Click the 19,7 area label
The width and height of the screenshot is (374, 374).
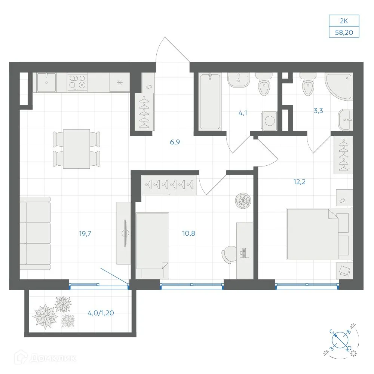tap(85, 233)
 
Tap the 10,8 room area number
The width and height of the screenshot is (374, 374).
tap(188, 233)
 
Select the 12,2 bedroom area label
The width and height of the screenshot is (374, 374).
tap(299, 182)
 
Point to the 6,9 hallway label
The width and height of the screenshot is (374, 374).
tap(175, 142)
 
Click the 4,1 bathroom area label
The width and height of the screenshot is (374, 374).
tap(243, 113)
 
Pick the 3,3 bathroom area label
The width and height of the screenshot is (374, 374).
tap(318, 111)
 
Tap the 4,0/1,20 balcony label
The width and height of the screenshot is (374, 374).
tap(101, 313)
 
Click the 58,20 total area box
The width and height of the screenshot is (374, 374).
tap(344, 32)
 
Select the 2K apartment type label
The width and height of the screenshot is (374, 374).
tap(344, 21)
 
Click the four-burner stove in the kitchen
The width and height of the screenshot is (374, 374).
tap(77, 82)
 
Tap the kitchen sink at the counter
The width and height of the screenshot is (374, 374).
tap(46, 82)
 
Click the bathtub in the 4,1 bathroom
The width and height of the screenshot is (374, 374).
tap(210, 102)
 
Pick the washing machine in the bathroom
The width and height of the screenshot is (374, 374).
tap(270, 120)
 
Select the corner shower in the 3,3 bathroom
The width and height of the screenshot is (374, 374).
tap(339, 87)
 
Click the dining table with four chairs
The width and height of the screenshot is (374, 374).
tap(77, 149)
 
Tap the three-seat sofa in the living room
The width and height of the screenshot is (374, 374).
tap(35, 233)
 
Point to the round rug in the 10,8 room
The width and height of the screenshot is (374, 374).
tap(243, 201)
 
